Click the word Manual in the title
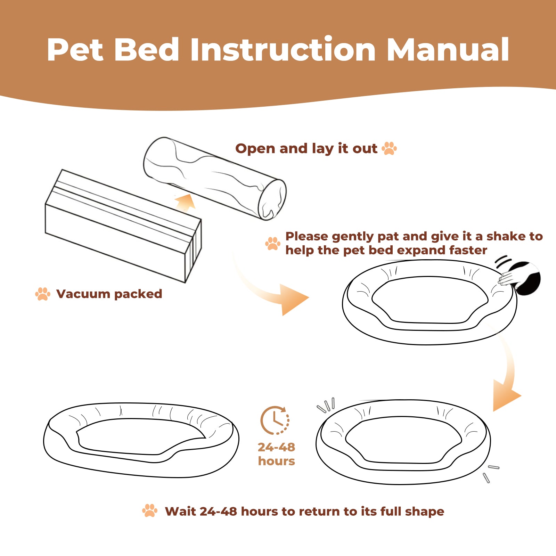[x=448, y=50]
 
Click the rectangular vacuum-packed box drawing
[x=123, y=226]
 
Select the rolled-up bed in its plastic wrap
[x=215, y=178]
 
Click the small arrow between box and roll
[x=185, y=202]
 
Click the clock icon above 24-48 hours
[x=275, y=420]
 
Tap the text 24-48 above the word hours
[x=276, y=447]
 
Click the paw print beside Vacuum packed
[x=43, y=294]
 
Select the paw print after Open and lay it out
[x=389, y=148]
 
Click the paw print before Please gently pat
[x=273, y=243]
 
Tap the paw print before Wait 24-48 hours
[x=150, y=510]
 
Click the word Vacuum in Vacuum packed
[x=83, y=294]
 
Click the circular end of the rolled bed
[x=272, y=200]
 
